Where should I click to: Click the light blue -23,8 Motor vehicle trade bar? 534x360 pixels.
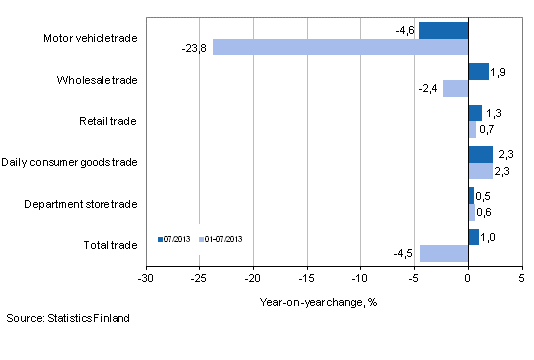click(340, 47)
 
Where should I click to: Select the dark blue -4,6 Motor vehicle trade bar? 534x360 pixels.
click(443, 30)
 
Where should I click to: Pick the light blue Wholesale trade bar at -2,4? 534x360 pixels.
click(455, 88)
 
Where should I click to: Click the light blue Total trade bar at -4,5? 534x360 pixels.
click(444, 253)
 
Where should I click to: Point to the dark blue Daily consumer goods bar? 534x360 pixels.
click(480, 154)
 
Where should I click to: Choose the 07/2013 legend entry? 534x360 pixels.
click(176, 239)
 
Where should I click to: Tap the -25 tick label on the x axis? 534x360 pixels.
click(200, 277)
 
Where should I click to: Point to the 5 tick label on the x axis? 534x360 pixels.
click(521, 277)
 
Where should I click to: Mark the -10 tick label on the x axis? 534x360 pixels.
click(361, 277)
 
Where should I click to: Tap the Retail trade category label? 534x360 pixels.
click(109, 122)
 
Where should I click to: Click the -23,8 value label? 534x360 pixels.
click(195, 47)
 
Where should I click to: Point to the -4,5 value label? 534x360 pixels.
click(404, 253)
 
